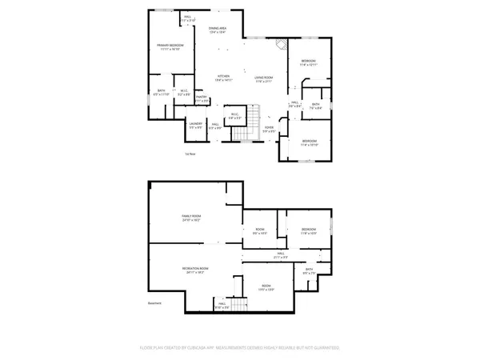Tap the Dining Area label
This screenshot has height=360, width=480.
pyautogui.click(x=218, y=30)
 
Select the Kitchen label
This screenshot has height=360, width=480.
pyautogui.click(x=222, y=78)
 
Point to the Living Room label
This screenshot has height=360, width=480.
pyautogui.click(x=264, y=78)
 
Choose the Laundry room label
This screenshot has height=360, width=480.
pyautogui.click(x=195, y=125)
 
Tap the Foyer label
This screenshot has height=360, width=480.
pyautogui.click(x=270, y=128)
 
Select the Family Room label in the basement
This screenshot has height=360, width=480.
pyautogui.click(x=190, y=218)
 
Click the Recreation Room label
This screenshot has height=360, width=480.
pyautogui.click(x=195, y=270)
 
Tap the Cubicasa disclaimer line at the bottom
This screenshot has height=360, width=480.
pyautogui.click(x=240, y=348)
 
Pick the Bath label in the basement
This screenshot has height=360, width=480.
pyautogui.click(x=309, y=271)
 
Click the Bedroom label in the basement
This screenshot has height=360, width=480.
pyautogui.click(x=309, y=231)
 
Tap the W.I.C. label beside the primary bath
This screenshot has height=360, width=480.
pyautogui.click(x=183, y=91)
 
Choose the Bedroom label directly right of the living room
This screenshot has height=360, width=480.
pyautogui.click(x=309, y=63)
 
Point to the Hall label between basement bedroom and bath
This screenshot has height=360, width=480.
pyautogui.click(x=281, y=255)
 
